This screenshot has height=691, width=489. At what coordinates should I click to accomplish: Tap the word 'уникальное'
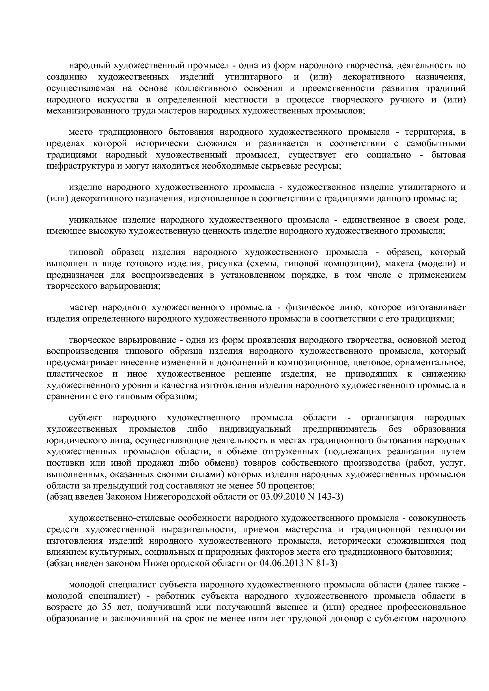90,219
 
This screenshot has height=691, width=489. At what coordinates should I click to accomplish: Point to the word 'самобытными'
436,143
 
